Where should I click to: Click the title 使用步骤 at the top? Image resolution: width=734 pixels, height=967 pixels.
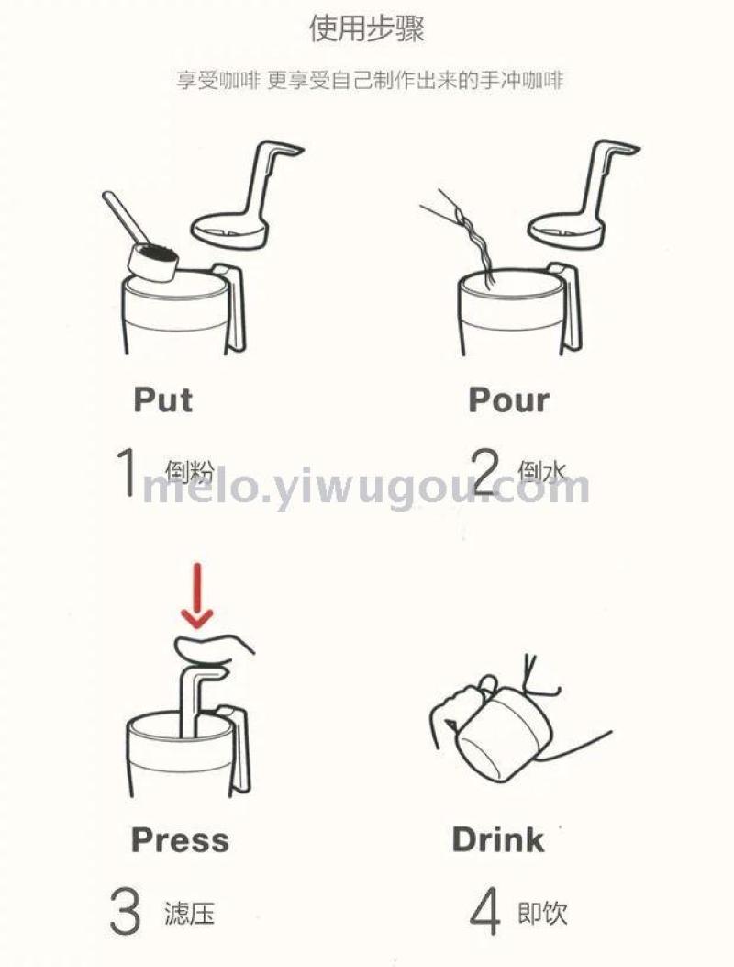tap(367, 28)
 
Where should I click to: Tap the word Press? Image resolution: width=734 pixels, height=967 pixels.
tap(180, 839)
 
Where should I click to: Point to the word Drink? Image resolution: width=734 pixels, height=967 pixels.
tap(498, 839)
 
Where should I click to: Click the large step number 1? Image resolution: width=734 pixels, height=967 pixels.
tap(127, 472)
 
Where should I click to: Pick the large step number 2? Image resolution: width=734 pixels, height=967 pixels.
tap(485, 472)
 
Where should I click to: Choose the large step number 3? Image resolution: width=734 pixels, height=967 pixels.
tap(125, 912)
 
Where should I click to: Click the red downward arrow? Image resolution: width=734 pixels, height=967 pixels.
tap(196, 596)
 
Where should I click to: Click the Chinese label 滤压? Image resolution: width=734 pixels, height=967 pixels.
tap(189, 913)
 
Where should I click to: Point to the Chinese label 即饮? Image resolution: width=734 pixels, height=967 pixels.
tap(542, 913)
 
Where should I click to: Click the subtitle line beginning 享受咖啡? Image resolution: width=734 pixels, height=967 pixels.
tap(370, 80)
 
